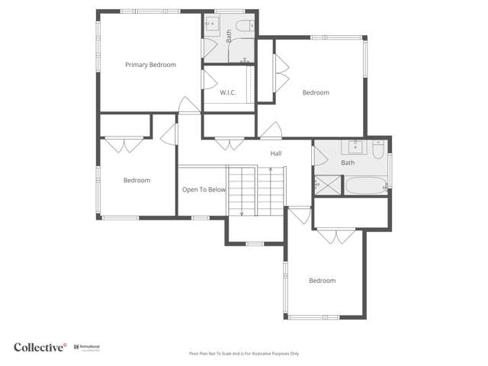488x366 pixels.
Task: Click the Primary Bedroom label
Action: (150, 65)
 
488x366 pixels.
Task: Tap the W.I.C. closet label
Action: (227, 93)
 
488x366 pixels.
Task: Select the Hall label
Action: (275, 153)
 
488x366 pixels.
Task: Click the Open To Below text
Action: (204, 190)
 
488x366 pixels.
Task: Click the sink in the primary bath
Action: (211, 24)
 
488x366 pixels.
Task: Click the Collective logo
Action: (40, 347)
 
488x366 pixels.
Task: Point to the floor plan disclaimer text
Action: (244, 354)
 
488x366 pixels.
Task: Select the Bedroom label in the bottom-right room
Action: (322, 281)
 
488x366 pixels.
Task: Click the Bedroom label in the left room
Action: (137, 181)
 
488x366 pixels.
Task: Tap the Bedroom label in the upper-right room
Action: (316, 93)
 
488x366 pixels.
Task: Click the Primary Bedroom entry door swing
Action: (188, 106)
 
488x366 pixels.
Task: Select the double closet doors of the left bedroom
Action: (124, 143)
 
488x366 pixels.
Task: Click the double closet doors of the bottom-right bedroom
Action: (336, 236)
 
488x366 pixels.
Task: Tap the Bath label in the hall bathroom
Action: (348, 162)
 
